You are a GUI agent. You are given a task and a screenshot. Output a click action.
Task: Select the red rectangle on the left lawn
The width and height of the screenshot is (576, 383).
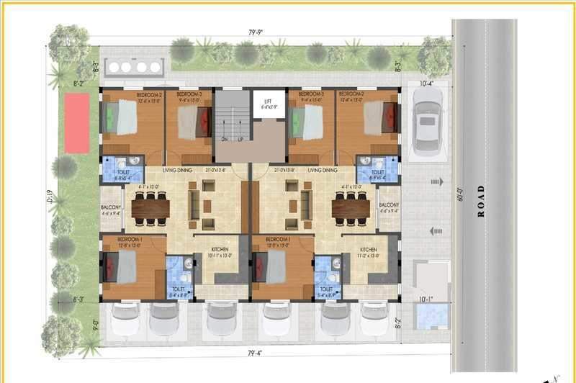pos(76,124)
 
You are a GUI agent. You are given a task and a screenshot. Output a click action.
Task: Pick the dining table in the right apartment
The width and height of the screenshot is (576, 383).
pos(351,208)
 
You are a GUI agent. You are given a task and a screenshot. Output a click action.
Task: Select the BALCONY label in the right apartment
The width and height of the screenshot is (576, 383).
pos(390,207)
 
